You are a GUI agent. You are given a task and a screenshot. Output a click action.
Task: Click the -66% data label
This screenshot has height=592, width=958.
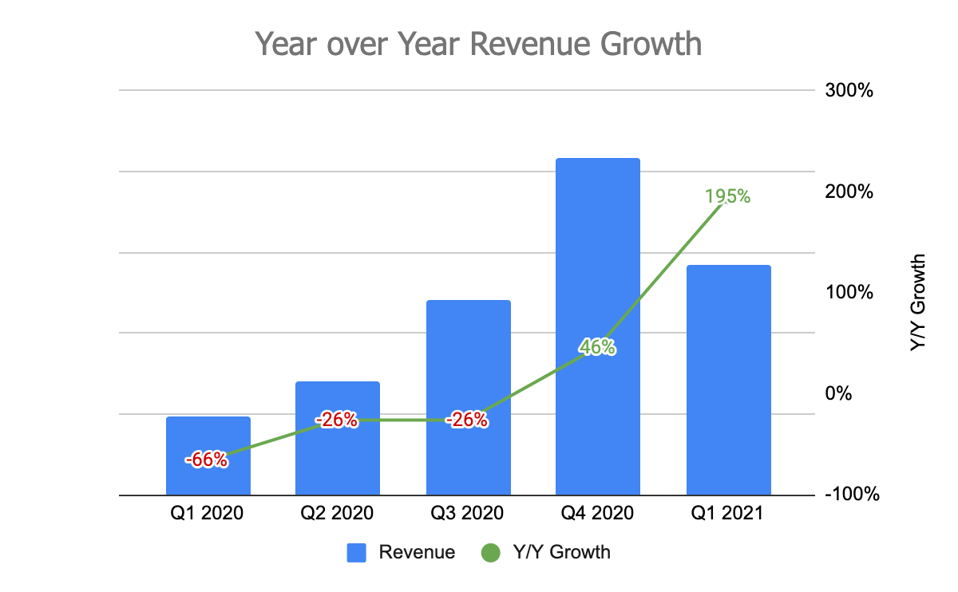click(207, 460)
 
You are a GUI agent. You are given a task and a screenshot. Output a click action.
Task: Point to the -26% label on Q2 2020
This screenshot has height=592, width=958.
click(336, 420)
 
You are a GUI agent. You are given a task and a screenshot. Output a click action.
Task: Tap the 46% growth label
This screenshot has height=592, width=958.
click(597, 347)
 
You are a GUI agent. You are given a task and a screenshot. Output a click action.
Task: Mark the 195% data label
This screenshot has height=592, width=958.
click(727, 195)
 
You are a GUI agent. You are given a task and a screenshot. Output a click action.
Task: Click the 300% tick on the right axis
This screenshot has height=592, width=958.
click(849, 90)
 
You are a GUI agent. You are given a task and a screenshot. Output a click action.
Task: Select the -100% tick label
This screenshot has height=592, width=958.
click(852, 495)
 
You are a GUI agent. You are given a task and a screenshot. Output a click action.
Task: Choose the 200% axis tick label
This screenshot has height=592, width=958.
click(849, 191)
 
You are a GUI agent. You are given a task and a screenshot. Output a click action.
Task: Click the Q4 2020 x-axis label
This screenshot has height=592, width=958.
click(598, 513)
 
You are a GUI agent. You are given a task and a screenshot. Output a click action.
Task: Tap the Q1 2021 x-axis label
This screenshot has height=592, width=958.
click(728, 513)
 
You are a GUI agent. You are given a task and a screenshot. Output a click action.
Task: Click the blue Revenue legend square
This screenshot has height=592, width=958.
click(357, 552)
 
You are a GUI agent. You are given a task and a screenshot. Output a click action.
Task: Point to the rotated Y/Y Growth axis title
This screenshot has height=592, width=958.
click(918, 303)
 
